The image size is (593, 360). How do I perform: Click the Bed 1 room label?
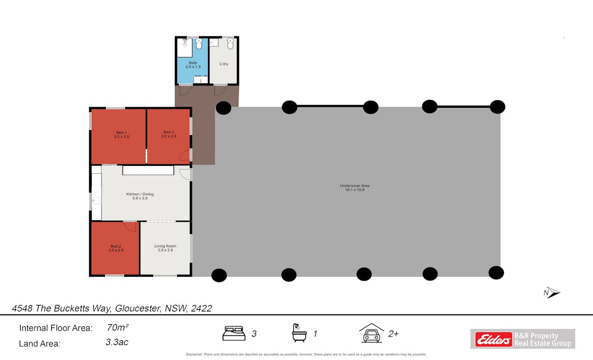click(x=122, y=134)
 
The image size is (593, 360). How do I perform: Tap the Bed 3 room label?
click(x=169, y=134)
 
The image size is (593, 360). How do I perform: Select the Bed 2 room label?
click(x=116, y=247)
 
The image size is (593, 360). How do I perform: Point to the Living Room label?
click(x=165, y=247)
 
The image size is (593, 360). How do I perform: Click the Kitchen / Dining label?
click(x=140, y=196)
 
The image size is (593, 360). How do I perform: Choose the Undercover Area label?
click(x=355, y=187)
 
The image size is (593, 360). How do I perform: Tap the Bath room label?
click(x=193, y=65)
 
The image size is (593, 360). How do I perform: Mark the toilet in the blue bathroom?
click(x=198, y=44)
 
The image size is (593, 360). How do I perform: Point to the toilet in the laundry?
click(x=230, y=44)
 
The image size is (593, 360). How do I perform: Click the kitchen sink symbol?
click(x=96, y=201)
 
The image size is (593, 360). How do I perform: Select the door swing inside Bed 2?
click(x=129, y=226)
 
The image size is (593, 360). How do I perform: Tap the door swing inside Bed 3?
click(x=185, y=155)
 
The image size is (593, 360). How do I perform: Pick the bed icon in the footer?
click(x=234, y=333)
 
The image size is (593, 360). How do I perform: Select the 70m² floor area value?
click(x=118, y=327)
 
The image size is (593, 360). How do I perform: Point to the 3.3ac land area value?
click(x=117, y=342)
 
